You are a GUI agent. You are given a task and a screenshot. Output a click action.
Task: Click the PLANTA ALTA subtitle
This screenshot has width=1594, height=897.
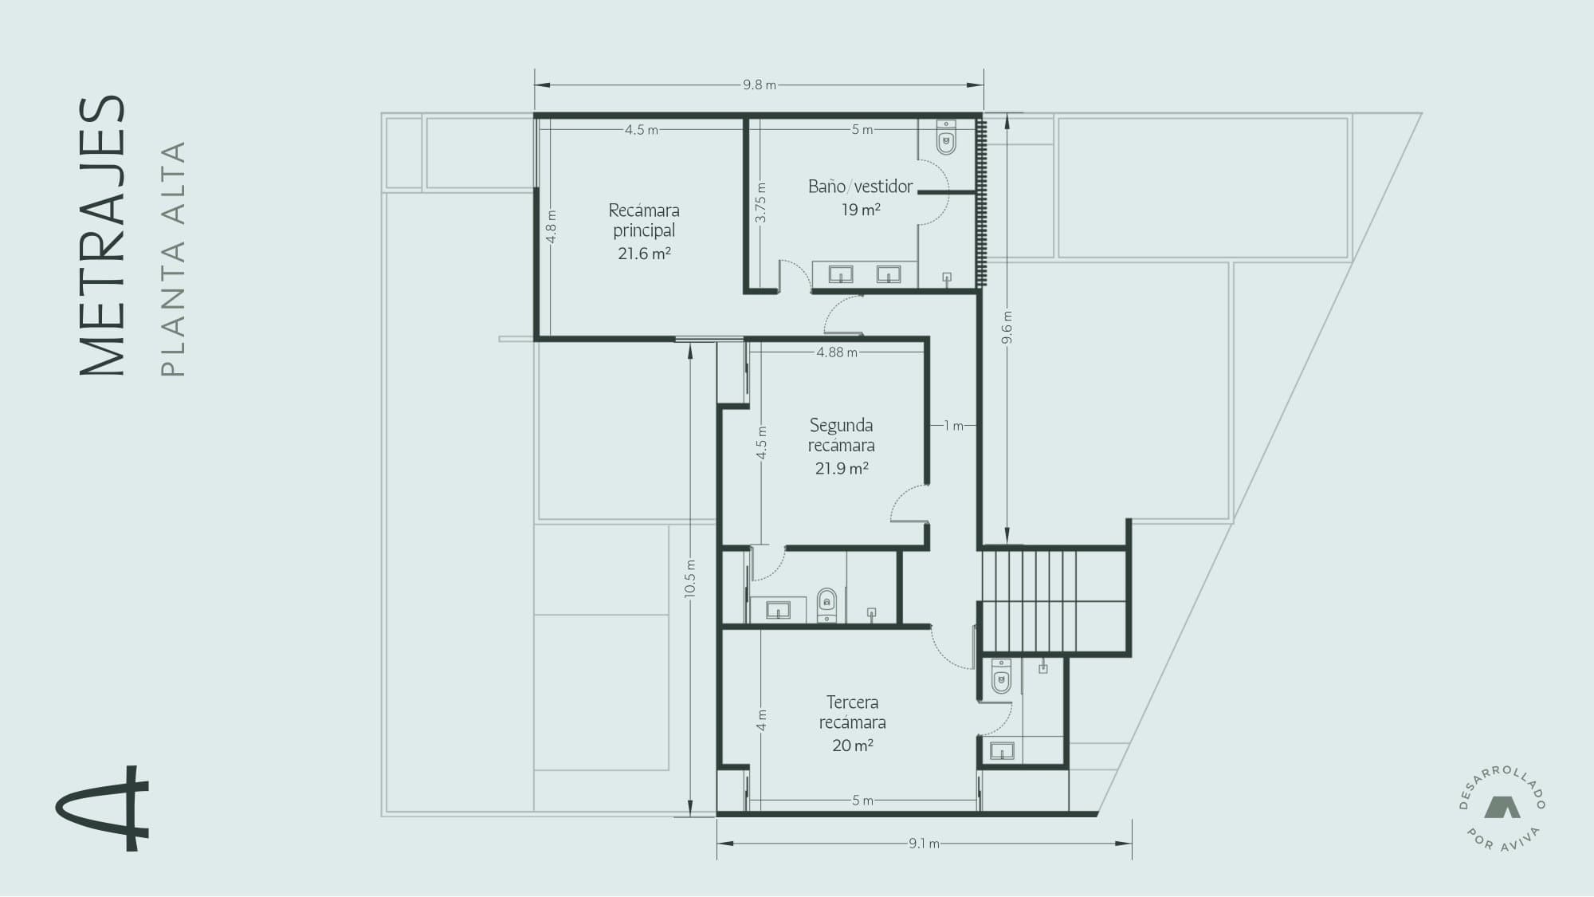point(173,259)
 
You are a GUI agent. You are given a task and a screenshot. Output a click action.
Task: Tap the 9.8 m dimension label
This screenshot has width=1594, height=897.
point(760,85)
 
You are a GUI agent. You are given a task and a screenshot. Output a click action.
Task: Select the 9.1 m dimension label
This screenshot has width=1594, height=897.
point(924,843)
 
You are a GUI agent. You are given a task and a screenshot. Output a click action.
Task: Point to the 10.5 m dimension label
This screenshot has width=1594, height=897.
point(690,578)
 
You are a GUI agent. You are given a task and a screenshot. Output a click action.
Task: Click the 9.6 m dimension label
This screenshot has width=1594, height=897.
point(1007,327)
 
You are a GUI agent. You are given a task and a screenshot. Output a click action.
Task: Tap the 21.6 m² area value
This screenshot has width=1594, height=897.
point(644,254)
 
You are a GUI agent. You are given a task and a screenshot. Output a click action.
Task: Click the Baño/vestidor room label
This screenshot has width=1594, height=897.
point(861,187)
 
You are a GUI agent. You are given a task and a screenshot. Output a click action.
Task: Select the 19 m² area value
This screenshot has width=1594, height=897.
point(861,210)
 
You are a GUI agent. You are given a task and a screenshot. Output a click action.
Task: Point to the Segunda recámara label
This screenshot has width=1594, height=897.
point(842,435)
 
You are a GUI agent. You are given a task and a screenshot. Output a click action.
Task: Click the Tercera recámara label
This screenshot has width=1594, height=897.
point(853,712)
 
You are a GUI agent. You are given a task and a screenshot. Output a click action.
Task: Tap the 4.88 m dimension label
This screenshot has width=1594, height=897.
point(837,352)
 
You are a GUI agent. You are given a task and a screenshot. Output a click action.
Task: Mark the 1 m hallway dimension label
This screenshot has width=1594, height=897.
point(954,426)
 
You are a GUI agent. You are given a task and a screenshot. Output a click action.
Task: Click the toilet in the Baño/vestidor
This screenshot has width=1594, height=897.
point(946,137)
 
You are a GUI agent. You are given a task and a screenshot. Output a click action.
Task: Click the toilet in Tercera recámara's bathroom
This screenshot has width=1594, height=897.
point(1001,676)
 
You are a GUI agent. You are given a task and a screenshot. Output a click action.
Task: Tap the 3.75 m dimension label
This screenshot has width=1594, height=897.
point(761,203)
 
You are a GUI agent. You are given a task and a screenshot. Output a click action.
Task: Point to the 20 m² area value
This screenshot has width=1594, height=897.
point(853,746)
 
